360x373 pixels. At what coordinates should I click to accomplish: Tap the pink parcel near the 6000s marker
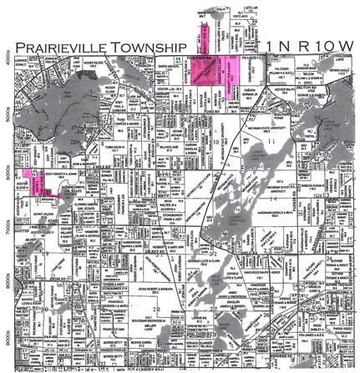[38, 182]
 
